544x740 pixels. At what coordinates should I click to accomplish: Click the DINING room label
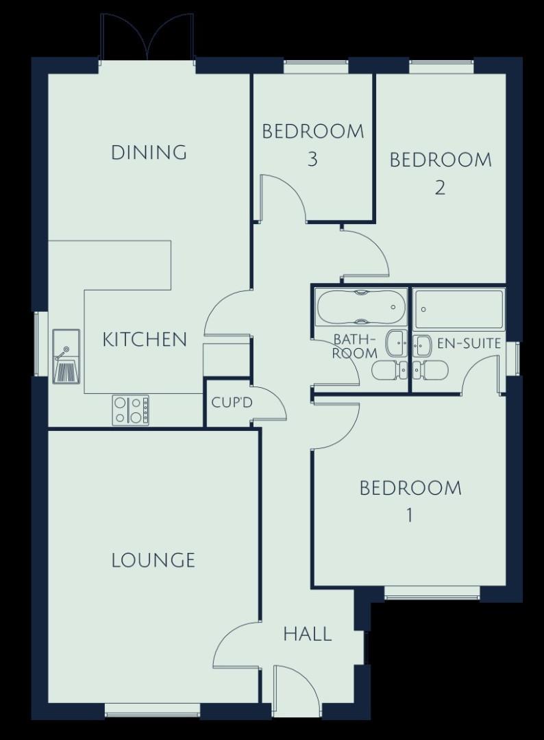coord(149,152)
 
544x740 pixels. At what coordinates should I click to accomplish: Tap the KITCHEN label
coord(145,339)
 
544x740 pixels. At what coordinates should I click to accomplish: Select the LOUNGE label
coord(153,560)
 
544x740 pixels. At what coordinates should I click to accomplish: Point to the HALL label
coord(308,634)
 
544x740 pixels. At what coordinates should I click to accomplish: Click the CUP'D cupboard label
coord(232,403)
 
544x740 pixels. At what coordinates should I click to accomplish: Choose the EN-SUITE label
coord(469,343)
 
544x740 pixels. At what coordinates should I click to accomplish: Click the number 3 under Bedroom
coord(312,159)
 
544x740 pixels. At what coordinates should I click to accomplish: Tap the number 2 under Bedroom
coord(440,188)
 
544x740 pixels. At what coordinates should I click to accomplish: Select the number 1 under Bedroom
coord(410,515)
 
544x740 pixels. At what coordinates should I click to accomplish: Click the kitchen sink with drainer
coord(66,356)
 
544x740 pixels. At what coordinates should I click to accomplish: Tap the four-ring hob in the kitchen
coord(131,410)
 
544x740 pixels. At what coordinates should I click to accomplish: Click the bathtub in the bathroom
coord(361,307)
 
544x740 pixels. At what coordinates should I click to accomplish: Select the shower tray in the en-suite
coord(459,309)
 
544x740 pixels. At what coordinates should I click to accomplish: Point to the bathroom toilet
coord(390,371)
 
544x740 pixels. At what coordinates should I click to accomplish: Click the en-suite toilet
coord(430,371)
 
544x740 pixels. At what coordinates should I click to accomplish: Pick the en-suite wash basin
coord(422,346)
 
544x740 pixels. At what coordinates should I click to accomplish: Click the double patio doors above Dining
coord(148,37)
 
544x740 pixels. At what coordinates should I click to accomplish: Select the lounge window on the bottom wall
coord(152,709)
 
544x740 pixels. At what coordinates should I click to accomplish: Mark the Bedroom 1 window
coord(432,593)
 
